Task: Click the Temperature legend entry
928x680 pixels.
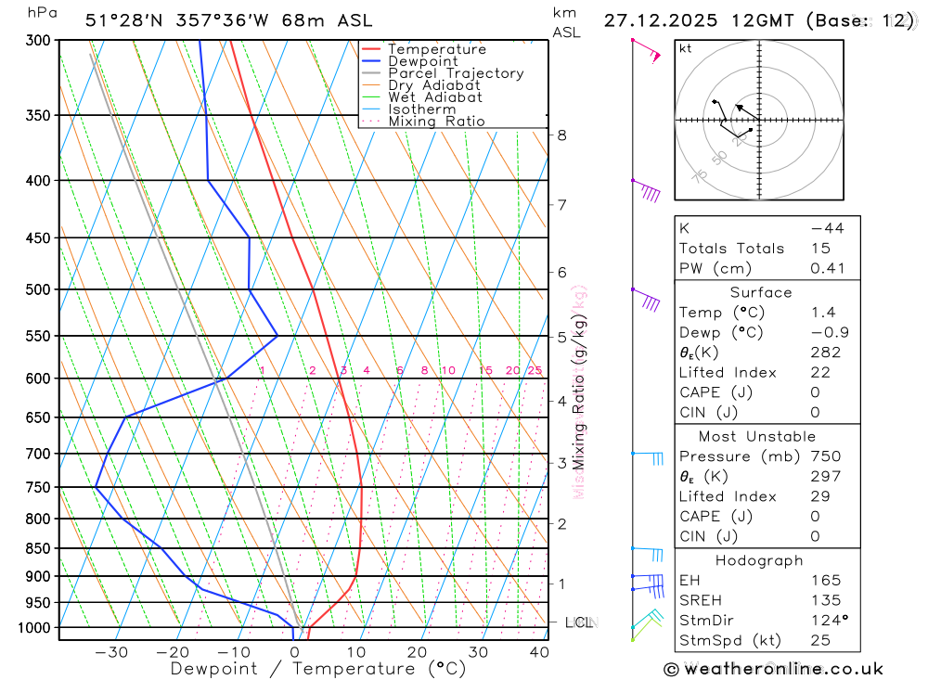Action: (x=436, y=49)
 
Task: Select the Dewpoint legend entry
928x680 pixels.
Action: (x=422, y=61)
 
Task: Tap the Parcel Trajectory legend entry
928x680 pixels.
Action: (x=455, y=73)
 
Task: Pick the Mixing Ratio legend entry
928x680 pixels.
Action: (x=436, y=122)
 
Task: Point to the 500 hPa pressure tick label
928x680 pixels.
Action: (x=38, y=289)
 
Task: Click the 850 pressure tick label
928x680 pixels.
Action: (x=38, y=548)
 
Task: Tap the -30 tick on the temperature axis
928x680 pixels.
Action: (x=111, y=652)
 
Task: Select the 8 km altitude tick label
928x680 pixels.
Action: (x=561, y=135)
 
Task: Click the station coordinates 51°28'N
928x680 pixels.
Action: (x=119, y=20)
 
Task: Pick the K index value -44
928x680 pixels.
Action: (x=827, y=228)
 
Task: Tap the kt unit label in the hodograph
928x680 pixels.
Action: (x=685, y=48)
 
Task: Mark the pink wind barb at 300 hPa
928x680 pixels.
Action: (x=646, y=50)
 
